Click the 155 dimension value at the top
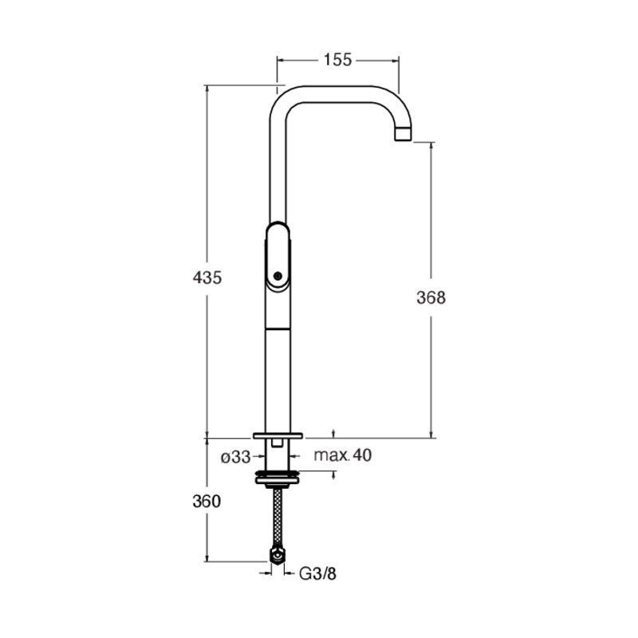337,60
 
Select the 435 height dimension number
207,278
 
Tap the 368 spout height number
431,297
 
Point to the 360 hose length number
207,502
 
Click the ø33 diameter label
235,457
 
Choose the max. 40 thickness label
343,455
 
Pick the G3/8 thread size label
317,573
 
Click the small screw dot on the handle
278,276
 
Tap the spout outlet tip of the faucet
404,134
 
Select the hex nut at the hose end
278,555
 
